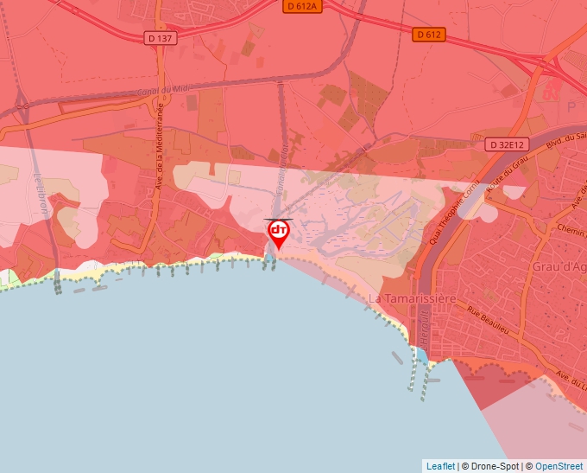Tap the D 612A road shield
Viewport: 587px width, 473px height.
coord(302,6)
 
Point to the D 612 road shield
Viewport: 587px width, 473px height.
coord(428,35)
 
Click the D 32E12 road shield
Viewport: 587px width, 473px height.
coord(506,144)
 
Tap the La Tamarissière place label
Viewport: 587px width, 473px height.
coord(412,298)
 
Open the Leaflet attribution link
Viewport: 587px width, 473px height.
coord(440,466)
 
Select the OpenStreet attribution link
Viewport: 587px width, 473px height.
coord(559,466)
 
